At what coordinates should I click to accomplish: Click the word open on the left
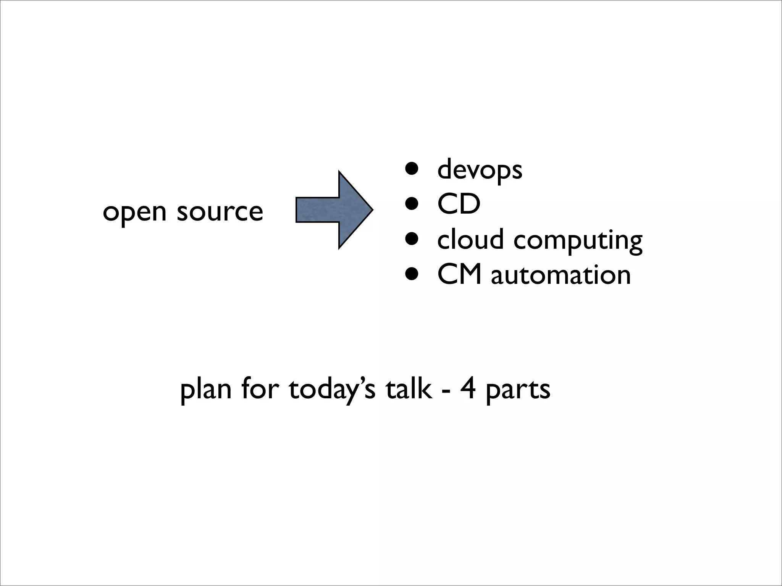(134, 212)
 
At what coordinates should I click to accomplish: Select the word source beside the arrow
(220, 212)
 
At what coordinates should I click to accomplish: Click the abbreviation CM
(459, 275)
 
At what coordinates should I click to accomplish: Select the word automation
(561, 275)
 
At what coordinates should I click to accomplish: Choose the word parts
(518, 391)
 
